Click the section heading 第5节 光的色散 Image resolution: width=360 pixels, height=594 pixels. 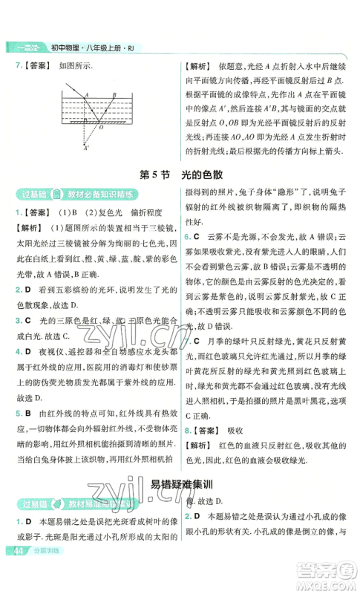coord(179,175)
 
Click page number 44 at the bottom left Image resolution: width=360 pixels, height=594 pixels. coord(15,572)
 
